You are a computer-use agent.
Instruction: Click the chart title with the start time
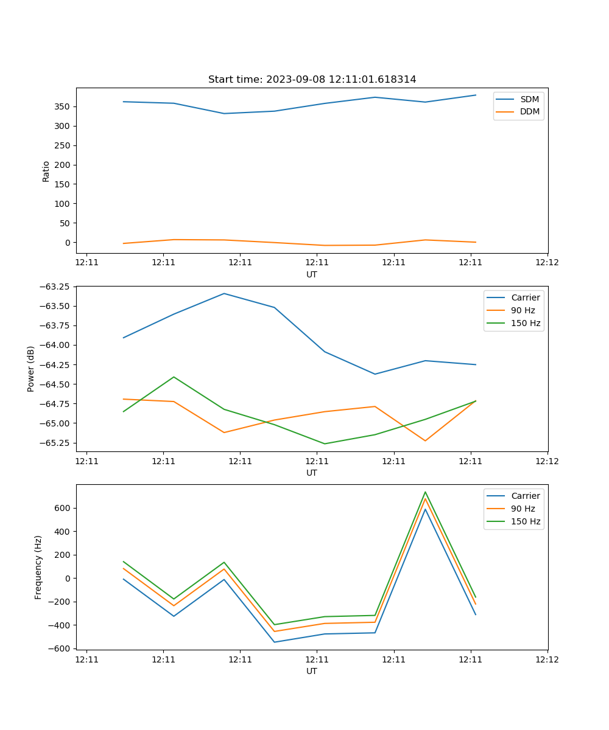click(312, 80)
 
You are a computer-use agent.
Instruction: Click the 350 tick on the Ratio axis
click(62, 106)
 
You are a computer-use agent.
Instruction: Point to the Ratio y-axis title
click(46, 171)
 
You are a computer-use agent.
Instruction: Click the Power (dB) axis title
click(31, 369)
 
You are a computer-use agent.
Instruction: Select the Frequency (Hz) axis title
click(38, 567)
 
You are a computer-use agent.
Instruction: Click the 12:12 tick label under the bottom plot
click(547, 659)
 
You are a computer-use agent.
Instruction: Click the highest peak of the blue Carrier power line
click(224, 294)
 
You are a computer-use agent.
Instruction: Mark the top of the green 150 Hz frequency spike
click(425, 492)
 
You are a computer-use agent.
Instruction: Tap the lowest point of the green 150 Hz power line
click(325, 443)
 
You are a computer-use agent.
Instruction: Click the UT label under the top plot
click(312, 274)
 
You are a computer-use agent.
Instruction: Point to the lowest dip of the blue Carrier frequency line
click(274, 642)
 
